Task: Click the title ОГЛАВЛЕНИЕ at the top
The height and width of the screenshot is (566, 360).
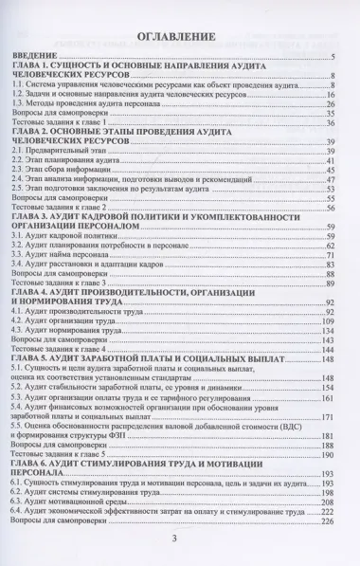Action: [180, 37]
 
